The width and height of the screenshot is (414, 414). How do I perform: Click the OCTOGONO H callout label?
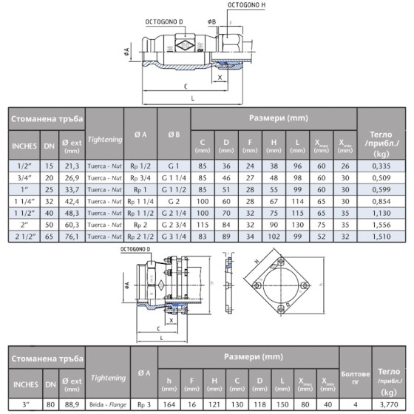[246, 5]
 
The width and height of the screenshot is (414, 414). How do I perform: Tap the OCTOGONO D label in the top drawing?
[164, 22]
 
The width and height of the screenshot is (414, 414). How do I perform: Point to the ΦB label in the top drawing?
[211, 22]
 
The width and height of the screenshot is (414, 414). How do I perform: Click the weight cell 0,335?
[381, 166]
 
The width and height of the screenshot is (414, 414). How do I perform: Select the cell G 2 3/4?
[174, 225]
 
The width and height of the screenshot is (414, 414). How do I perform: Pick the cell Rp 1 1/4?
[140, 201]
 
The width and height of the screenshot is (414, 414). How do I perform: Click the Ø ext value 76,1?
[72, 237]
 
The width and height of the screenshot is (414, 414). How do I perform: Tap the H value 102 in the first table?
[274, 237]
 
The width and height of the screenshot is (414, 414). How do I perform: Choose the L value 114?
[297, 201]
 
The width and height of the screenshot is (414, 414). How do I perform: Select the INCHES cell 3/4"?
[24, 178]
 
